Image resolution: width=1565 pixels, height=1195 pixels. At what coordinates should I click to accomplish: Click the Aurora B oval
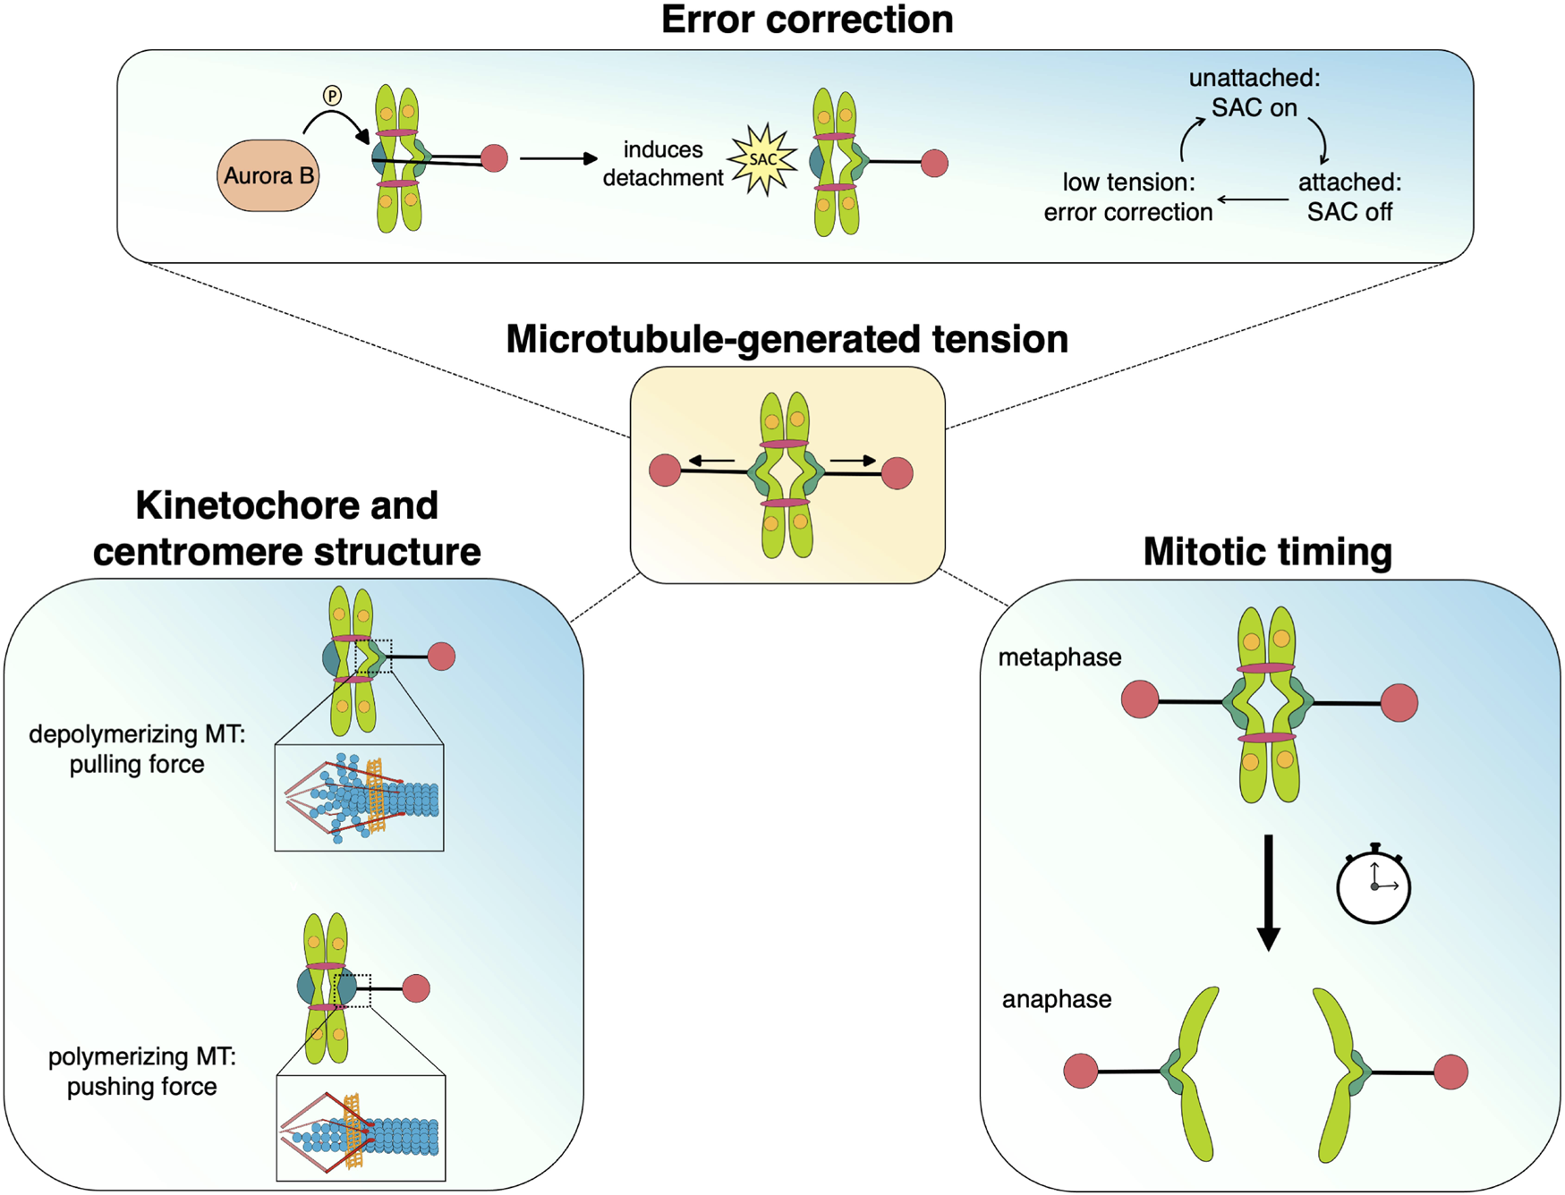click(268, 175)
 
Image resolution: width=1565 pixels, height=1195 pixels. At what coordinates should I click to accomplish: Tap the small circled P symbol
click(332, 96)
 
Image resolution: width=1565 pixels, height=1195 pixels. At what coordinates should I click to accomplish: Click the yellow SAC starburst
click(762, 160)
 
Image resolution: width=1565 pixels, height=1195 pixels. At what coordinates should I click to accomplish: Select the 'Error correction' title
click(806, 20)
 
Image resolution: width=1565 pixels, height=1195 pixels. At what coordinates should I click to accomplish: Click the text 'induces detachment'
click(662, 164)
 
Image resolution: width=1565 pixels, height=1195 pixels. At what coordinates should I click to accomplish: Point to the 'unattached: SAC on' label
click(1254, 93)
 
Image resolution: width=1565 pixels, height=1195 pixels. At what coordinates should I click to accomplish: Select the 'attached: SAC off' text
click(1349, 197)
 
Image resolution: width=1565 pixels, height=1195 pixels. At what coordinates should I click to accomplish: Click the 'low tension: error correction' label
click(1127, 197)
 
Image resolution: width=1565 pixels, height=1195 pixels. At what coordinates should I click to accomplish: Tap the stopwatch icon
click(1374, 885)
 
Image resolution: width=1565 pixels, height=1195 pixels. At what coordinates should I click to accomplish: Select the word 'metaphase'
click(1059, 657)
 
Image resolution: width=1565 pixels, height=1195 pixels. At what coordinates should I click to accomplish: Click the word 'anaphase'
click(1056, 999)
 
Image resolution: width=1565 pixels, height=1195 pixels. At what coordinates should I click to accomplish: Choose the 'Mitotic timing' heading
click(1267, 552)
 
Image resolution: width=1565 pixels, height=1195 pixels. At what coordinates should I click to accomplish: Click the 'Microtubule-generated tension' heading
click(787, 340)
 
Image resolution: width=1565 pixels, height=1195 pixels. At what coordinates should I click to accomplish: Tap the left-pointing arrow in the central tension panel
click(711, 462)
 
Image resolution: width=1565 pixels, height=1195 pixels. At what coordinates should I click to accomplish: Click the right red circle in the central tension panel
click(897, 473)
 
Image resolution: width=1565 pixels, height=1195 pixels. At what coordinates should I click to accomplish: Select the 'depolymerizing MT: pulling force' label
click(137, 750)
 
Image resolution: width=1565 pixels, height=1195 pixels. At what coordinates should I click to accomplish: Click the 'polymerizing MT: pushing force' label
click(141, 1072)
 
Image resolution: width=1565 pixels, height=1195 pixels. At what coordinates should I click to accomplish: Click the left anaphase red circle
click(1081, 1071)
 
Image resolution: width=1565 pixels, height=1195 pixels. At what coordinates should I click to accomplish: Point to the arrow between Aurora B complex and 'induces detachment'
click(558, 158)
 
